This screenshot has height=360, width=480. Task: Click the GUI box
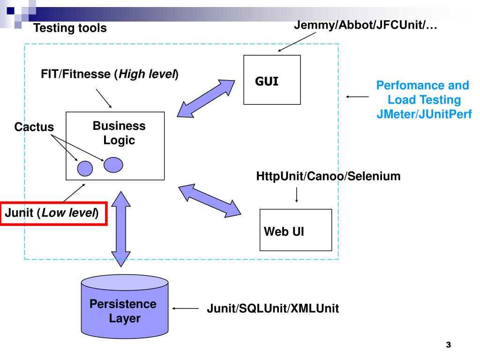click(272, 80)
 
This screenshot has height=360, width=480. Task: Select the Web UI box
click(295, 230)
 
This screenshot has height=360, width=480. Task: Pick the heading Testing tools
click(70, 29)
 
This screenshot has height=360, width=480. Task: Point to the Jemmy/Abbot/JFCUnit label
click(365, 25)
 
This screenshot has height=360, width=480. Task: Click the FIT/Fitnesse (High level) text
click(110, 74)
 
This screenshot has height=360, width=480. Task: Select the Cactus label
click(34, 127)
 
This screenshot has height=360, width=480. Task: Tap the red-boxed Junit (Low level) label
click(53, 214)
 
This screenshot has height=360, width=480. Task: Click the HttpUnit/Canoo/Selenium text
click(328, 177)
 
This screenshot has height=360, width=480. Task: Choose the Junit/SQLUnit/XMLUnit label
click(272, 309)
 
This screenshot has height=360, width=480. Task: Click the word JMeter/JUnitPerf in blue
click(424, 114)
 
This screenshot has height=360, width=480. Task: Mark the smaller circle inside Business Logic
click(85, 168)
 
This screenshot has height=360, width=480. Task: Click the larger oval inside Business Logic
click(113, 164)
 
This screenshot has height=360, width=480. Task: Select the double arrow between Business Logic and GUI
click(207, 98)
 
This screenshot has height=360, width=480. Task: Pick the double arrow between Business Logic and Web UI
click(210, 200)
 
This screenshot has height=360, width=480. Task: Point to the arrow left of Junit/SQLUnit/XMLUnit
click(186, 308)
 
